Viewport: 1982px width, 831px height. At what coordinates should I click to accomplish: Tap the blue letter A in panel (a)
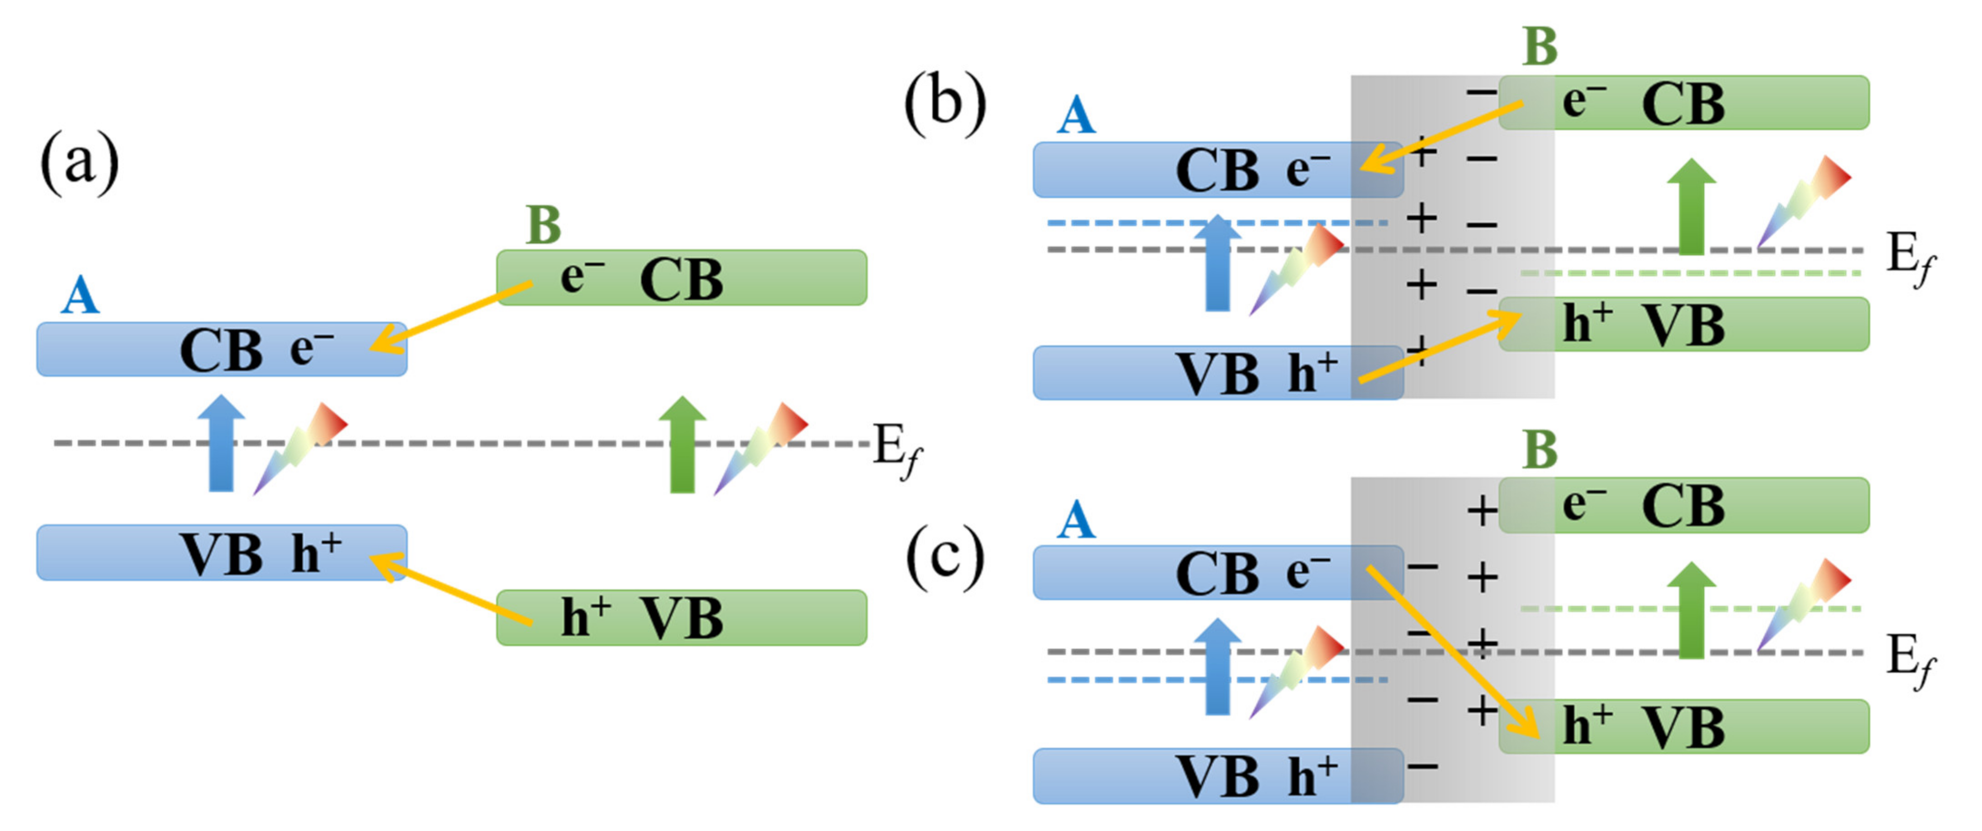click(x=80, y=296)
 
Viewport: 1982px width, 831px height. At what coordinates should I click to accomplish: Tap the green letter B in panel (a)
click(x=543, y=225)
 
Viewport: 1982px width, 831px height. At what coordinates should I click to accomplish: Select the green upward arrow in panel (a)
click(x=682, y=445)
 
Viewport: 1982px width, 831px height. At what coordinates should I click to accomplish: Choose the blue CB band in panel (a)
click(x=222, y=350)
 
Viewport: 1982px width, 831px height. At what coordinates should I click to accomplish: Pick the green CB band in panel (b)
click(x=1683, y=102)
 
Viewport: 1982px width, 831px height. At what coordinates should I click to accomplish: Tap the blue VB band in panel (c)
click(x=1217, y=775)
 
